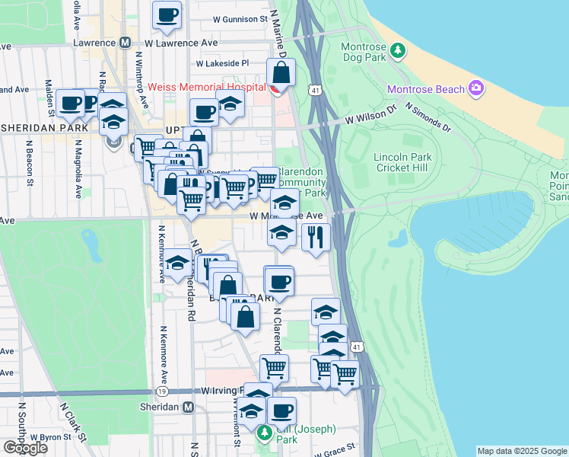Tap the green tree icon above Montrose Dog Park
point(397,51)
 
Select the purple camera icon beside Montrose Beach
point(477,89)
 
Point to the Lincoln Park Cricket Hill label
point(402,162)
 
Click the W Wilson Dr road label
point(371,115)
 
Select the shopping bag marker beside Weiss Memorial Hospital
point(281,73)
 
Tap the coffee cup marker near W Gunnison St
point(167,14)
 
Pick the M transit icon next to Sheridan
point(186,407)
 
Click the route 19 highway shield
point(162,391)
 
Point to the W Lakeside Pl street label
point(222,65)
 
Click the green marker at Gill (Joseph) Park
point(265,433)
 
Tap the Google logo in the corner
point(25,448)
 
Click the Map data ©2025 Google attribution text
point(522,452)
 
